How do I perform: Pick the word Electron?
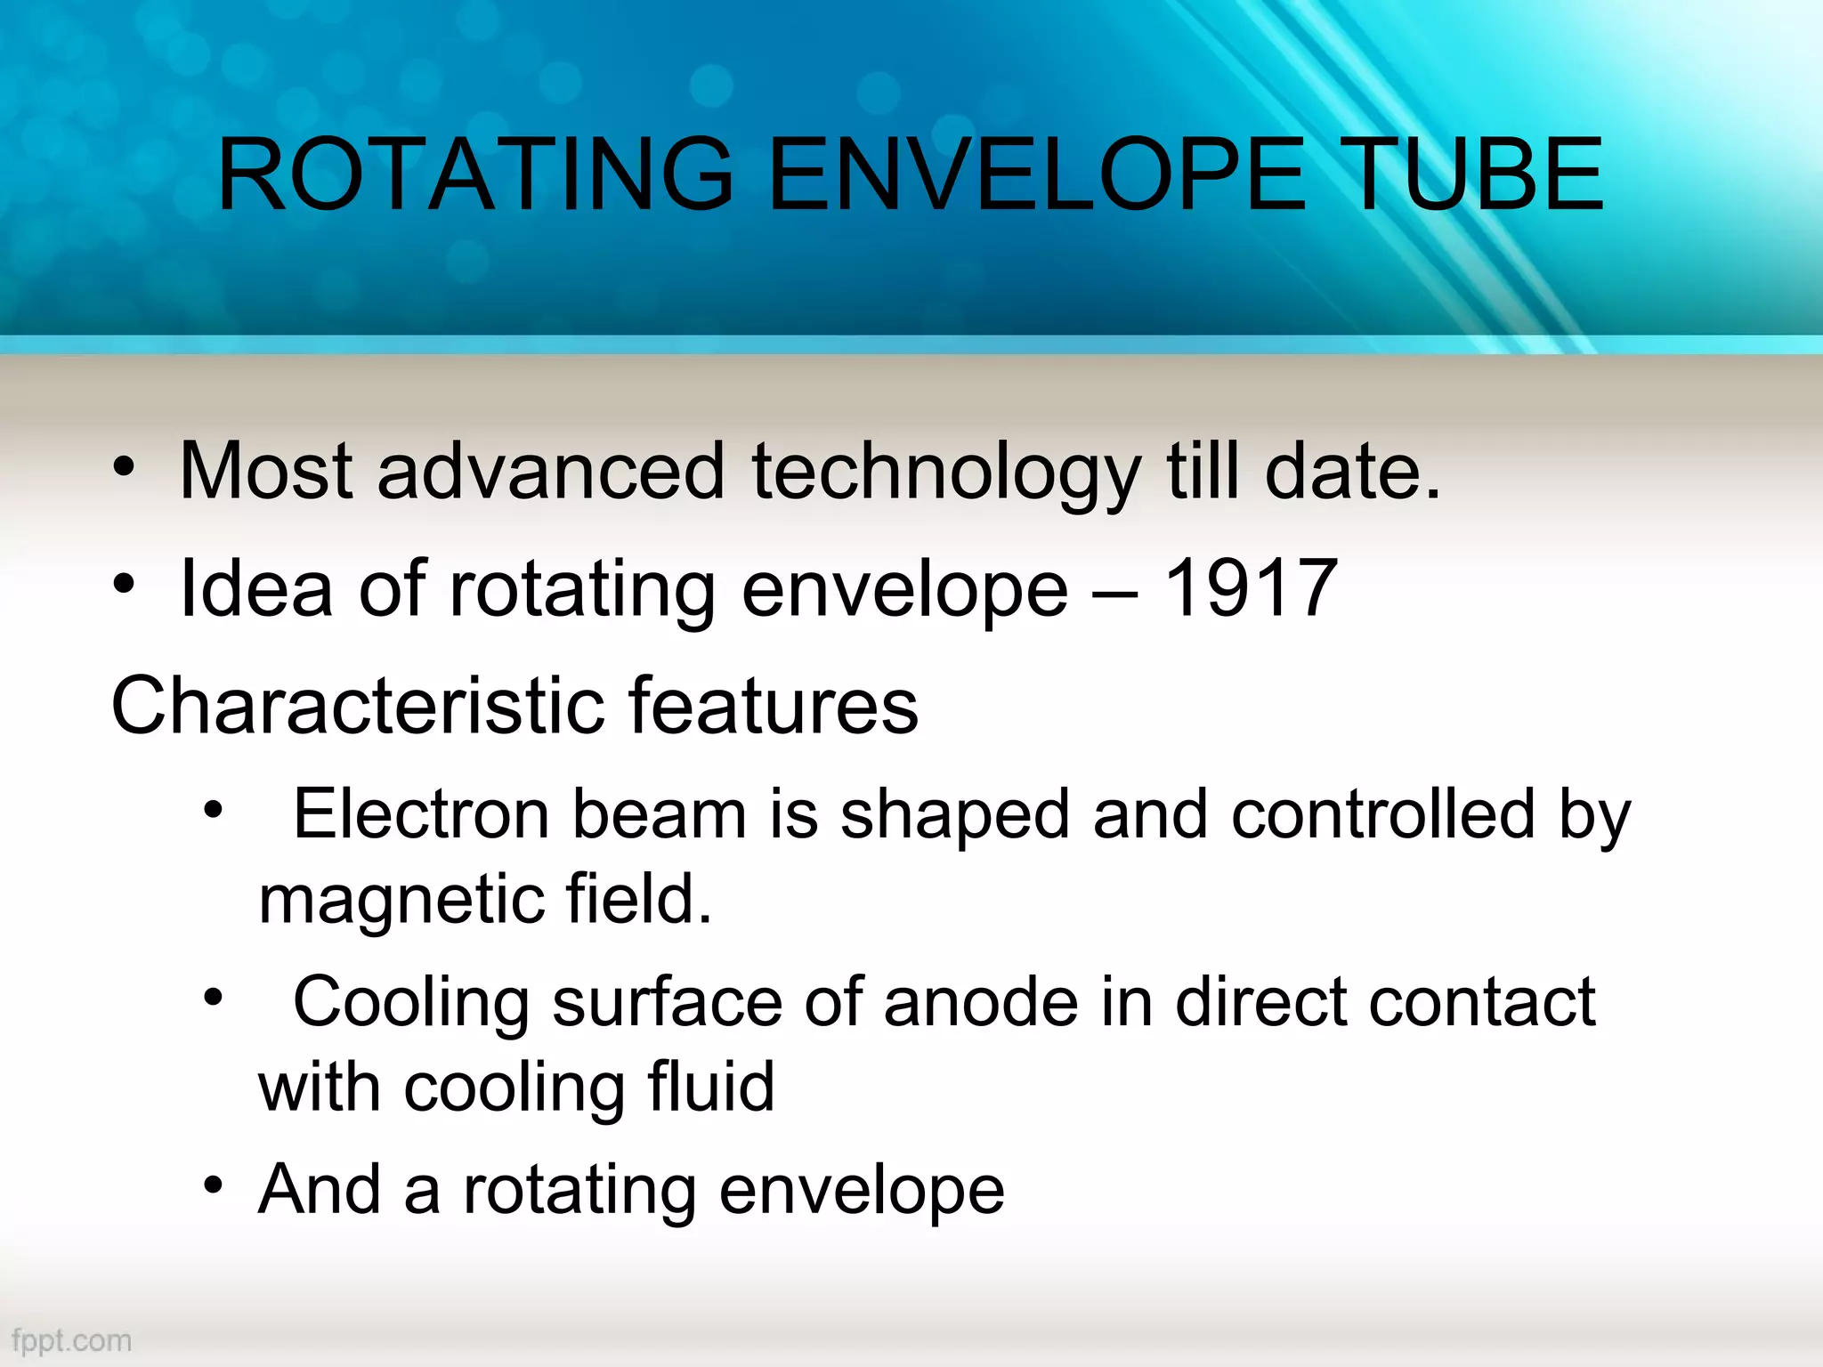coord(420,813)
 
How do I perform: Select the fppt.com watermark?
coord(71,1340)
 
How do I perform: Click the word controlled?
coord(1383,813)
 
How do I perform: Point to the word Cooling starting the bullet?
coord(411,1002)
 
